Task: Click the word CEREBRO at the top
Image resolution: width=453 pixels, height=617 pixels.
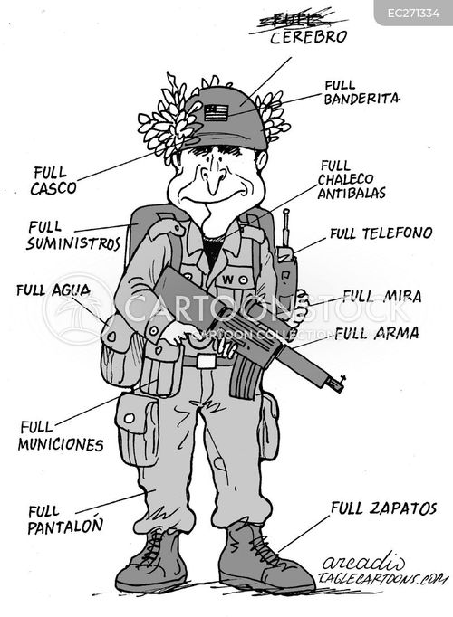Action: (x=308, y=37)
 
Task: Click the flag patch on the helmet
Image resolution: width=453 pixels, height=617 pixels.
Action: (x=216, y=112)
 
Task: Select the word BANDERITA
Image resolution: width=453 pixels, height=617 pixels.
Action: (x=361, y=99)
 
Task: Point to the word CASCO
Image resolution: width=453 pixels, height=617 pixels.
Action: (x=53, y=188)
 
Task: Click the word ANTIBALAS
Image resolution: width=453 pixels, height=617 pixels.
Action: (x=352, y=194)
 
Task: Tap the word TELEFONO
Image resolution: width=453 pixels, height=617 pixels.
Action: (x=397, y=233)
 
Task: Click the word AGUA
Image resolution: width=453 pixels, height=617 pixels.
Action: (x=71, y=290)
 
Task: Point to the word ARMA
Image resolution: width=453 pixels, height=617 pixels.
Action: (x=396, y=334)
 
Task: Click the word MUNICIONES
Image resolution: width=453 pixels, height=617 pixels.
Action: (x=61, y=444)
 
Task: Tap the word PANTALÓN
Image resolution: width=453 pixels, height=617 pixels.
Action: (x=65, y=527)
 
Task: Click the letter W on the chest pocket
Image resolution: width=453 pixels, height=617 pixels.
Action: (x=228, y=280)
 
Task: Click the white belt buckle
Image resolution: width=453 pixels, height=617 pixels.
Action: (x=207, y=361)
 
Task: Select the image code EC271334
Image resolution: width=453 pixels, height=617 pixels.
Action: (x=413, y=14)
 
